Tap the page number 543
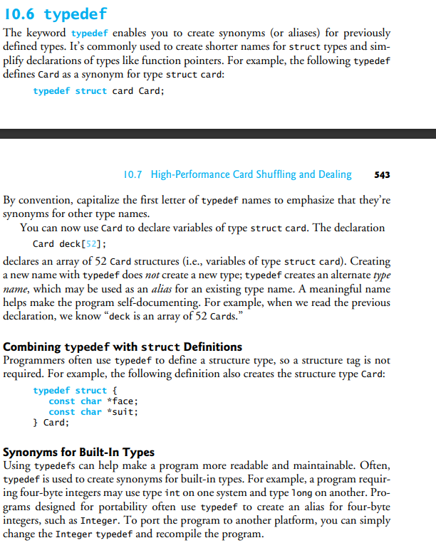coord(381,175)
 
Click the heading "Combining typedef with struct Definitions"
coord(123,347)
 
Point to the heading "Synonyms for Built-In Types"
coord(79,453)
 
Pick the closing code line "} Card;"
coord(51,423)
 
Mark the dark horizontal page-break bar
coord(218,133)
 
